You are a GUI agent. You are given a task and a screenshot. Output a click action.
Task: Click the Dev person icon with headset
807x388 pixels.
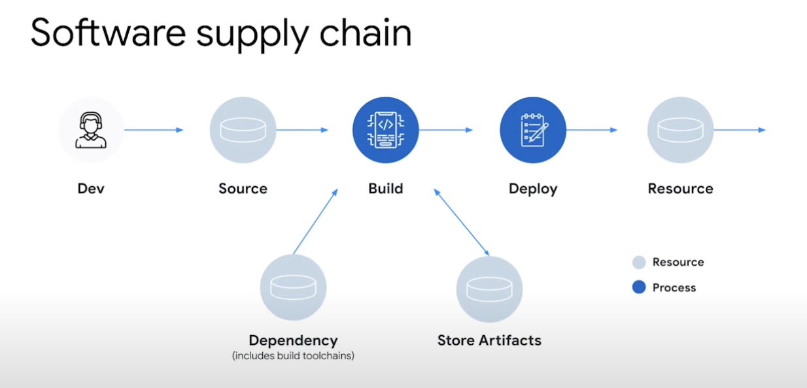click(x=91, y=130)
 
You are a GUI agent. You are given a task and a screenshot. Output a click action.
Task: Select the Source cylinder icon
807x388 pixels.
click(x=243, y=130)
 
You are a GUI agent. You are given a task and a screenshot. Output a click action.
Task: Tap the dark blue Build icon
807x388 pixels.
click(x=385, y=130)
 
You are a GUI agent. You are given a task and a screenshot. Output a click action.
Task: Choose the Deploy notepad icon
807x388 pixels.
click(x=533, y=130)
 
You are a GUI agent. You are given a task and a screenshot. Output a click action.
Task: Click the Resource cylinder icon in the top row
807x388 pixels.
click(x=680, y=130)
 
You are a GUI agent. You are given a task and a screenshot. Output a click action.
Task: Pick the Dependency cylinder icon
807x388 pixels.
click(x=293, y=287)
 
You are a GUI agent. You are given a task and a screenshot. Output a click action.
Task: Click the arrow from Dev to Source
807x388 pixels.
click(x=154, y=130)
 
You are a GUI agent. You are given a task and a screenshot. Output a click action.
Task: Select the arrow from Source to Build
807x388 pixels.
click(x=302, y=130)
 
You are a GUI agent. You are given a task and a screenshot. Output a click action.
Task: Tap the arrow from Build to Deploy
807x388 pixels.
click(x=446, y=130)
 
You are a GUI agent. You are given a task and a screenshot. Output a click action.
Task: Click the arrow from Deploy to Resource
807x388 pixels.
click(x=592, y=130)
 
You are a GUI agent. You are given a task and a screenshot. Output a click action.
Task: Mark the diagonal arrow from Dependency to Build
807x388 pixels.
click(x=315, y=221)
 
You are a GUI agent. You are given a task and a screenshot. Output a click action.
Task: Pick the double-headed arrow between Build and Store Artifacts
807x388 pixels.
click(x=461, y=221)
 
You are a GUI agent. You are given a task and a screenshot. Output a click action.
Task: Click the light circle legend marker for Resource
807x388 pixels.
click(x=639, y=263)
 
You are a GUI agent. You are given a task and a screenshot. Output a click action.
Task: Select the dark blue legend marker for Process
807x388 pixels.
click(x=639, y=287)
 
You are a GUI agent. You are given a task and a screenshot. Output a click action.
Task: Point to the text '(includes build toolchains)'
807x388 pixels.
click(x=293, y=356)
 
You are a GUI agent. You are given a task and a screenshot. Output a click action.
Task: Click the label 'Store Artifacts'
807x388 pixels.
click(x=489, y=340)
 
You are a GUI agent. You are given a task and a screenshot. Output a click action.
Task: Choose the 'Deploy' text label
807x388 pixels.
click(x=533, y=189)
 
